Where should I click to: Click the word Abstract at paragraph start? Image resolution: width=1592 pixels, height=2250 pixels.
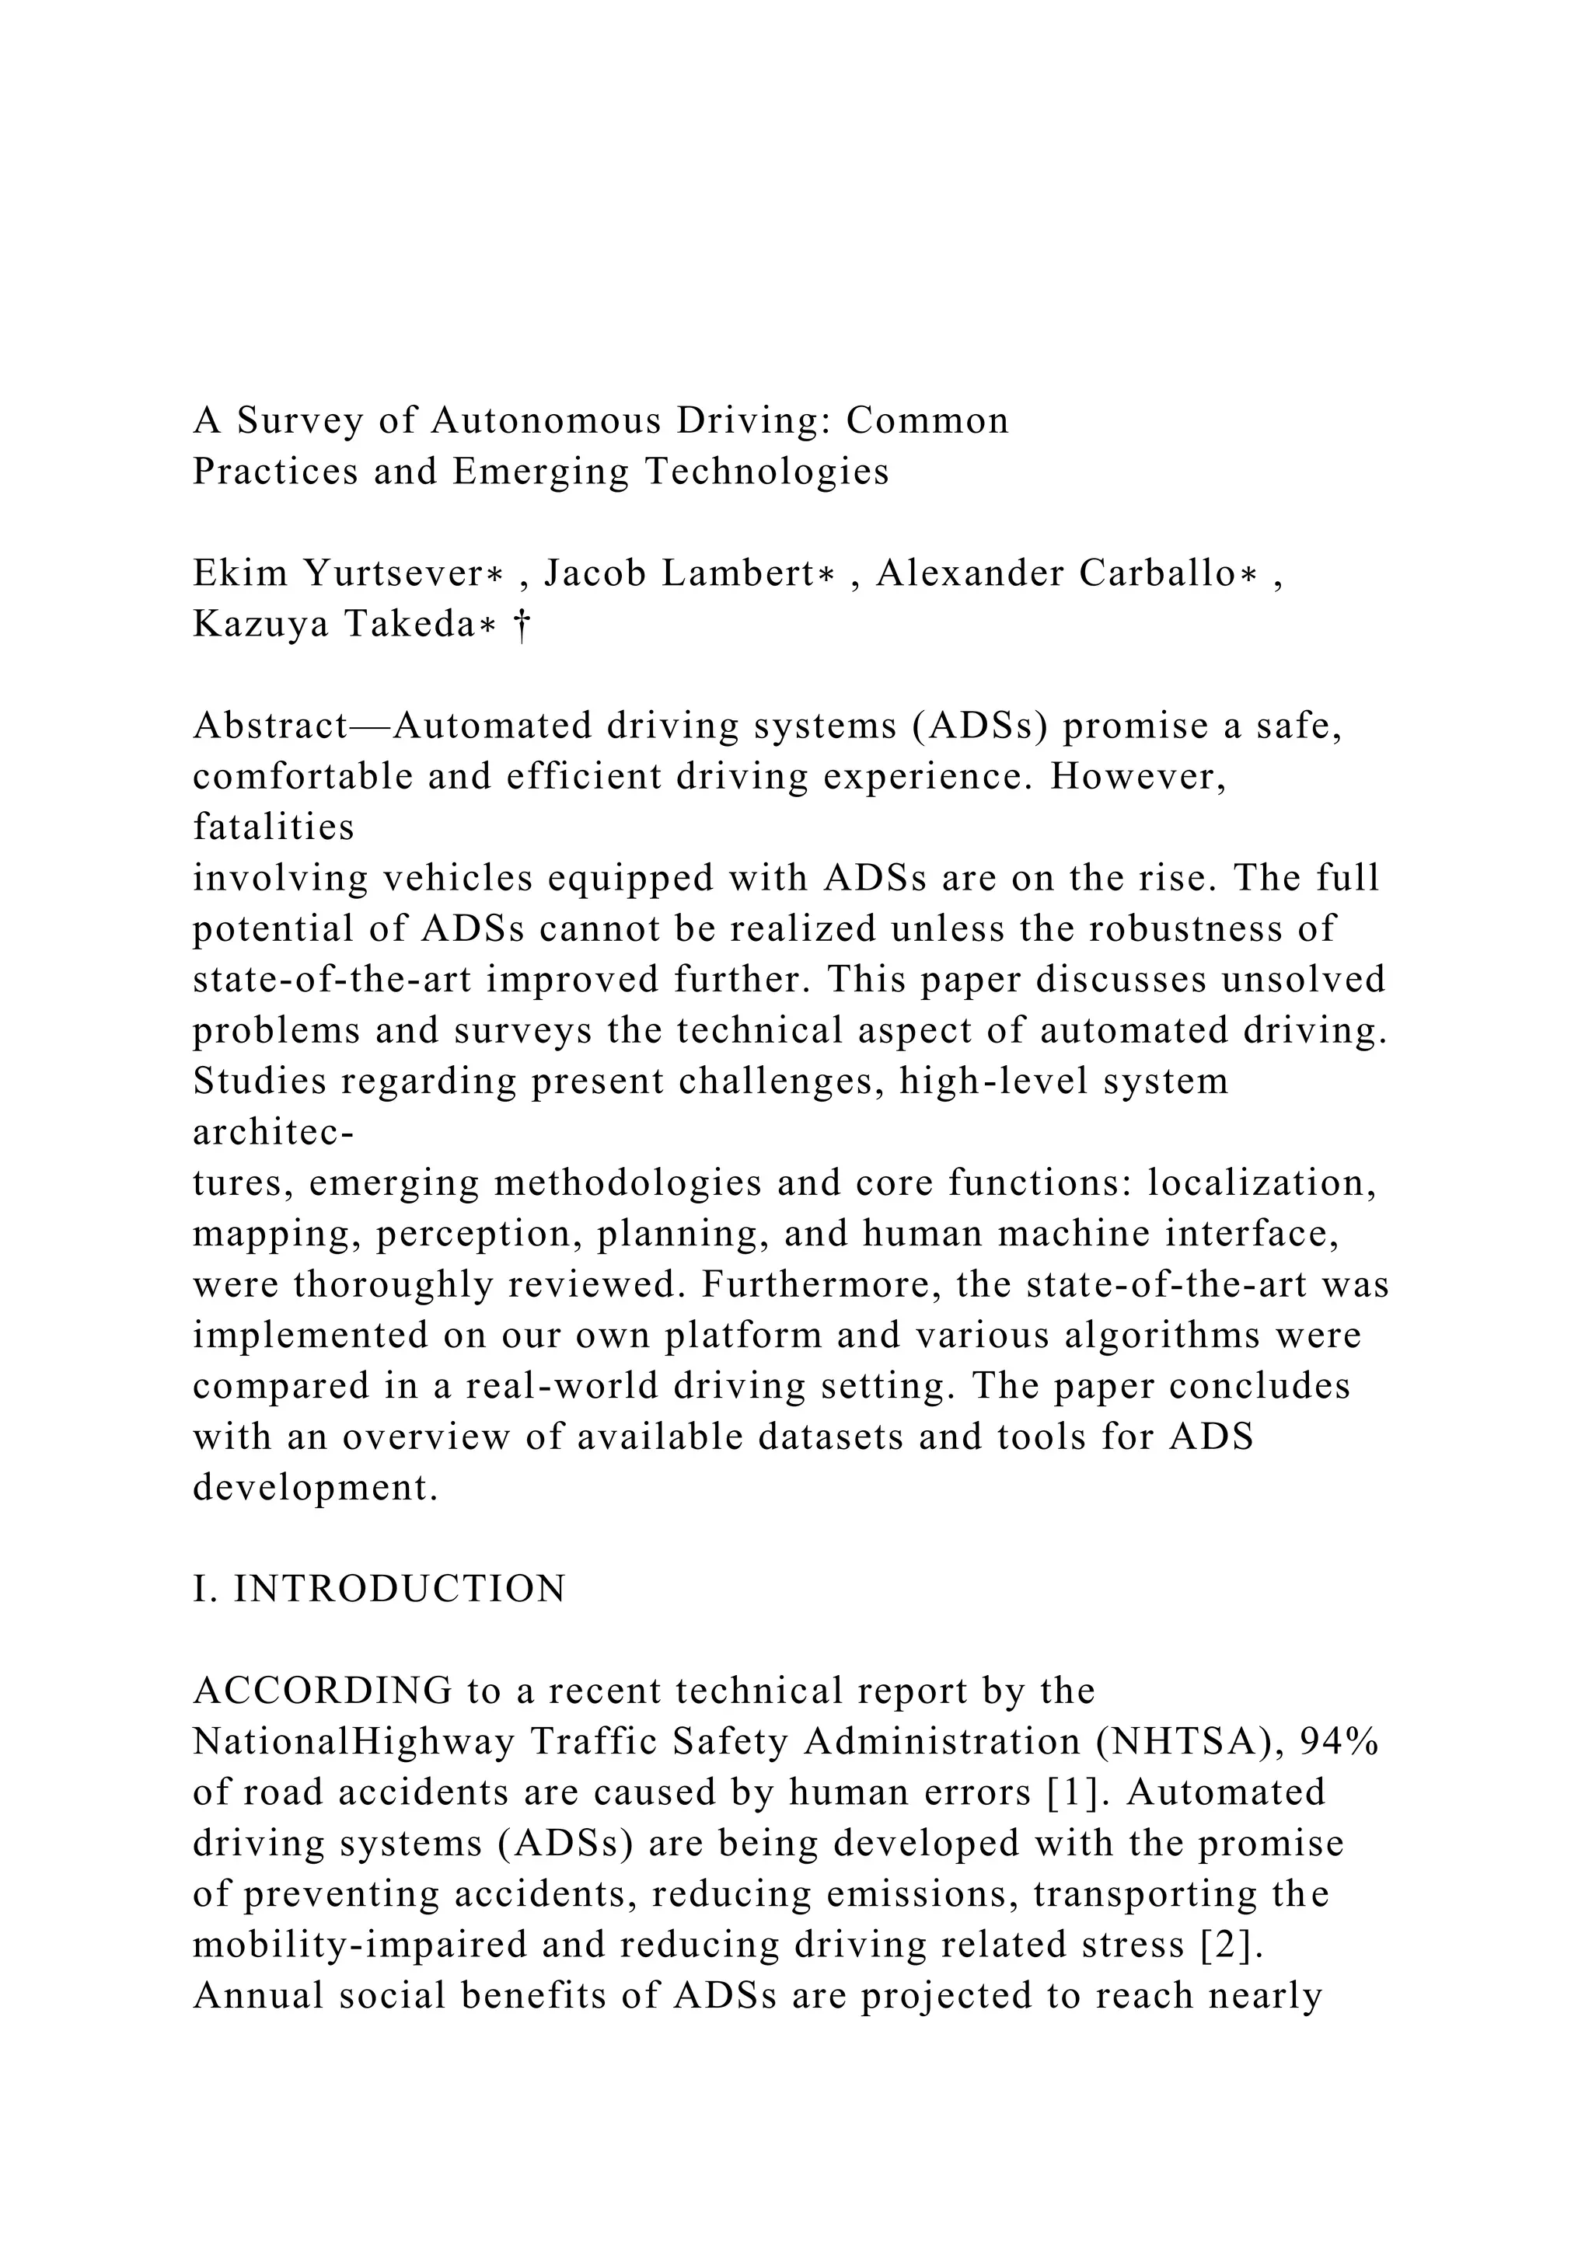pyautogui.click(x=271, y=726)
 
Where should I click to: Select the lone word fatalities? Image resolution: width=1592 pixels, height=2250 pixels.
pyautogui.click(x=274, y=828)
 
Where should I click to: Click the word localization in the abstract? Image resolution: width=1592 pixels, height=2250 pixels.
pyautogui.click(x=1262, y=1184)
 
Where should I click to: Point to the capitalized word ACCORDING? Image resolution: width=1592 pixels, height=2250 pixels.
pyautogui.click(x=323, y=1691)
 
